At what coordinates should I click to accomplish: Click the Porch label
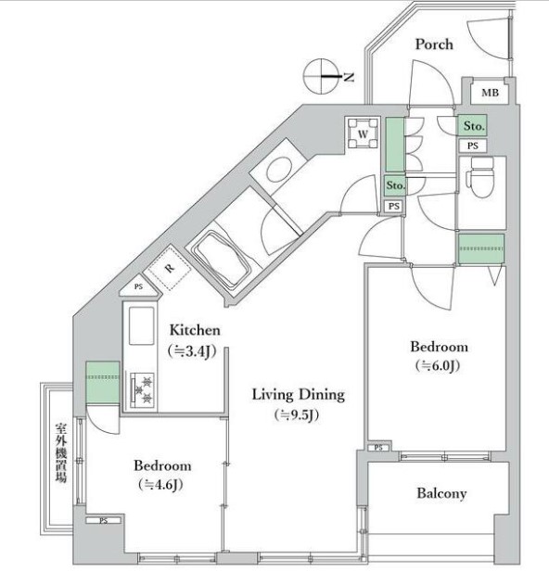coord(434,44)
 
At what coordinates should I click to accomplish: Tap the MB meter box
coord(490,93)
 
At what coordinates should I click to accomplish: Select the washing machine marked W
coord(363,133)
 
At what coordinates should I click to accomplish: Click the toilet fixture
coord(480,177)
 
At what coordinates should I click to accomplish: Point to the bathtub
coord(222,260)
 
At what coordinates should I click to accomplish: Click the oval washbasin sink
coord(280,169)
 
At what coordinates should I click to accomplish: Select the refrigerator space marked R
coord(168,268)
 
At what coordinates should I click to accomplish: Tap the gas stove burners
coord(142,390)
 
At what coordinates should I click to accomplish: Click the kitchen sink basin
coord(141,325)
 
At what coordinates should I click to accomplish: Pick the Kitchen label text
coord(195,330)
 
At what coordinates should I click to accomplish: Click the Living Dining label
coord(299,395)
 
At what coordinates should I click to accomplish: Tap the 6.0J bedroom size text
coord(438,365)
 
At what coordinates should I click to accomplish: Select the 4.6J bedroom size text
coord(160,485)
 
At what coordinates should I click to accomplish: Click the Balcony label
coord(441,493)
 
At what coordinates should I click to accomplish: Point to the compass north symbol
coord(321,76)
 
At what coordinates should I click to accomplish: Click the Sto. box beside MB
coord(473,126)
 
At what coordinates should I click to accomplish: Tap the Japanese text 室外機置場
coord(61,452)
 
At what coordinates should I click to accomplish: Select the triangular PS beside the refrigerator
coord(140,286)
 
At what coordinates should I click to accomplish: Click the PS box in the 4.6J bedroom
coord(103,521)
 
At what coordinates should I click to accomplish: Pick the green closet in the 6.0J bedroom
coord(481,248)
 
